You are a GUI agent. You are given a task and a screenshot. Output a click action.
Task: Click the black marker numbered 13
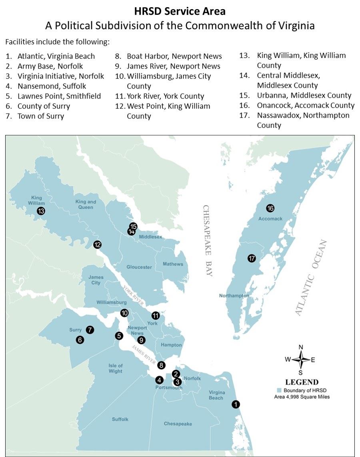point(41,211)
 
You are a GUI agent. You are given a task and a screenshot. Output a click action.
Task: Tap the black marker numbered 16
point(270,208)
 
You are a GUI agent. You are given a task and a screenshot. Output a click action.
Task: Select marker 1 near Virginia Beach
point(236,404)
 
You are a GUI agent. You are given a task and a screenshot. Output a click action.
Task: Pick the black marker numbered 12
point(97,245)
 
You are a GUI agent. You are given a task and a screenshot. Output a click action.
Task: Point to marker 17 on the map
point(252,258)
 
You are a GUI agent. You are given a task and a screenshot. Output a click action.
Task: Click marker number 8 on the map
point(161,365)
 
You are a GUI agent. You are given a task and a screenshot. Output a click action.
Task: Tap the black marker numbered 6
point(80,340)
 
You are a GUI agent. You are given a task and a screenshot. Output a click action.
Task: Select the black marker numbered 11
point(156,315)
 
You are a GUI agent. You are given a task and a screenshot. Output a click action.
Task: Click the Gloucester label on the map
point(139,267)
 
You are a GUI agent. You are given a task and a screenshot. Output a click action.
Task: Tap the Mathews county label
point(173,264)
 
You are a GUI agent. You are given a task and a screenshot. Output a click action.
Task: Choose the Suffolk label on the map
point(120,419)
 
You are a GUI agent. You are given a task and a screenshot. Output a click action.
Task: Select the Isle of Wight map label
point(115,368)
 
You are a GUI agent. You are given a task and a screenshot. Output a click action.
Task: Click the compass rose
point(301,359)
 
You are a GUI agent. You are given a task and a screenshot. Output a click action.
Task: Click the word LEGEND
point(302,382)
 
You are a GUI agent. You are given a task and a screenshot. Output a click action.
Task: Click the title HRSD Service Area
point(180,12)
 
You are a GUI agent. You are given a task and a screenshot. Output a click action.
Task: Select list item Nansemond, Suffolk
point(52,86)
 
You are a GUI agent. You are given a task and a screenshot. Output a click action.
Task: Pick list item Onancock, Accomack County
point(306,105)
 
